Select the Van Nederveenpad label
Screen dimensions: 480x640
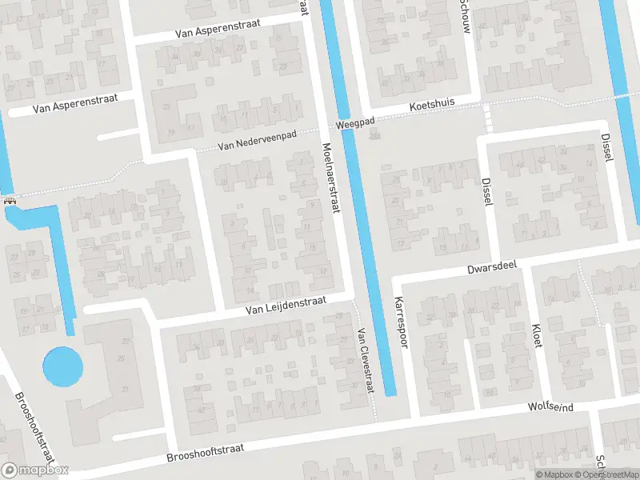coord(258,142)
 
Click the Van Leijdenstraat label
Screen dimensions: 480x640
coord(286,303)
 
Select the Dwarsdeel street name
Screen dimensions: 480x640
coord(494,266)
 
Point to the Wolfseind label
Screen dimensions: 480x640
coord(551,407)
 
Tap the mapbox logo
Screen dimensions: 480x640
coord(34,470)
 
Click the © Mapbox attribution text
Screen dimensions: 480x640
coord(553,474)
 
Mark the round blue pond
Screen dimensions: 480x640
coord(62,366)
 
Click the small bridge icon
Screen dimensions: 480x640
coord(10,201)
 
